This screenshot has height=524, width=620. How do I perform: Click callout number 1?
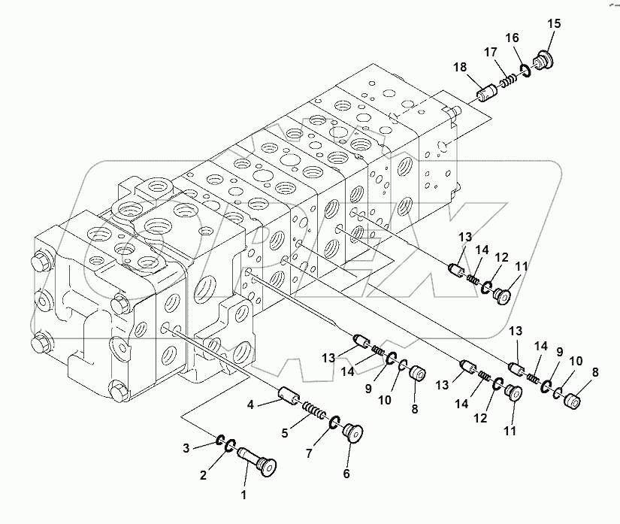tap(242, 495)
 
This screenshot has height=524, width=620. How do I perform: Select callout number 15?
tap(553, 24)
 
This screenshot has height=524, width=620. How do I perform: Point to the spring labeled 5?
tap(314, 413)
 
